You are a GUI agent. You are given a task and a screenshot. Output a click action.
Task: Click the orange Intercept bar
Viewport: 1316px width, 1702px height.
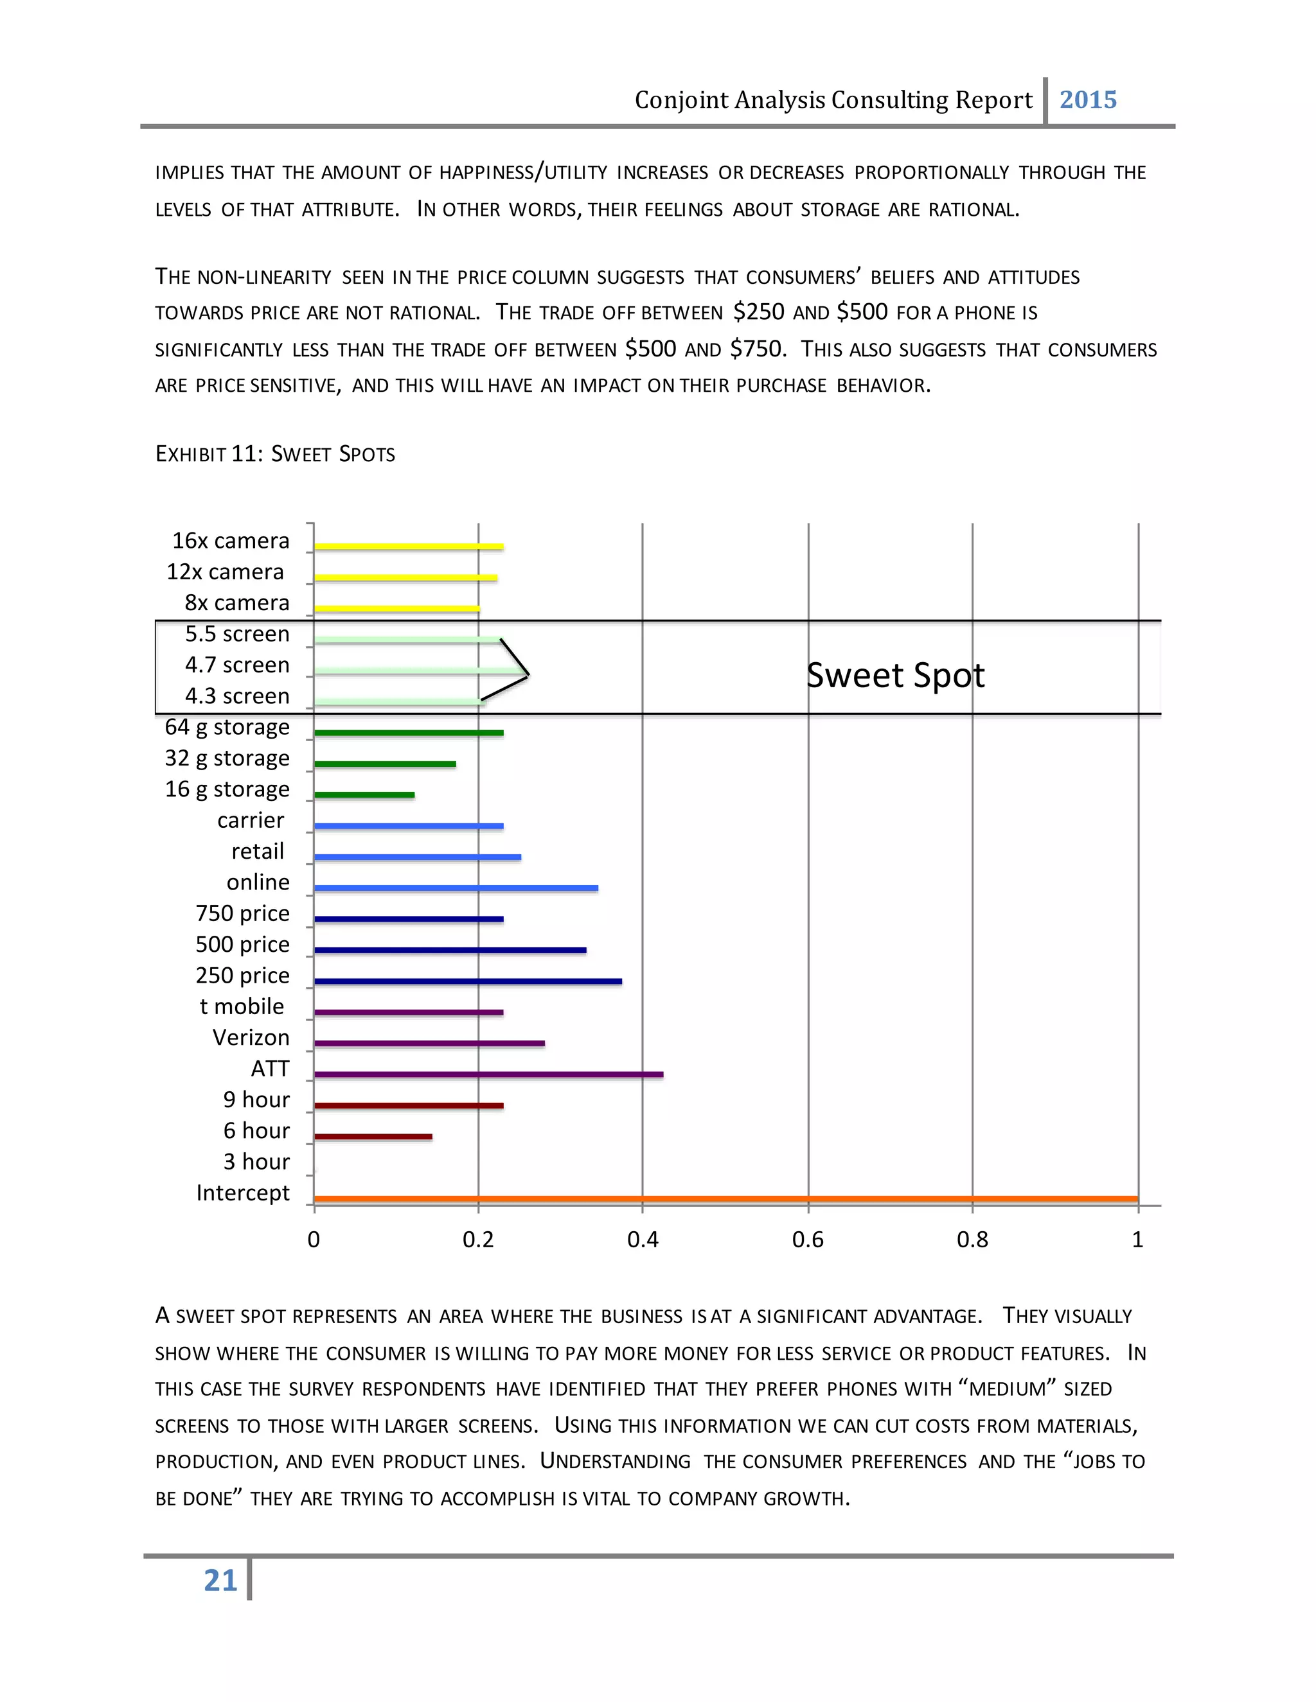pos(725,1198)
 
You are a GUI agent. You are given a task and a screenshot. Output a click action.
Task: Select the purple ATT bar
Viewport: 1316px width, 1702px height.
pos(488,1075)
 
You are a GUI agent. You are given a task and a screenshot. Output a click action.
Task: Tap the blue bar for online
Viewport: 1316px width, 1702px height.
pos(456,888)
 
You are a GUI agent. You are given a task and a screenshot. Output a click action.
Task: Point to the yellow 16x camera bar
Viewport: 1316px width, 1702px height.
pos(409,547)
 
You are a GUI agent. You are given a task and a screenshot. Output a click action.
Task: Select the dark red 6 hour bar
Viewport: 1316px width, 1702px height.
pos(373,1136)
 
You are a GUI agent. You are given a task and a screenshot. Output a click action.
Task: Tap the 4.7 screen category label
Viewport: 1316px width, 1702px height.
pos(237,665)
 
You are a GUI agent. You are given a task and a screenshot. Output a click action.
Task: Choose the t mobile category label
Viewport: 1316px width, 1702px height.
pos(242,1006)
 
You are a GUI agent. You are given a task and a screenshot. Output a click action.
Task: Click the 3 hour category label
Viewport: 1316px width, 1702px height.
pos(256,1161)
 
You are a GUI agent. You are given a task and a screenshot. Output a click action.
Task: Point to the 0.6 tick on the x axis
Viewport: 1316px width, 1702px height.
pos(808,1239)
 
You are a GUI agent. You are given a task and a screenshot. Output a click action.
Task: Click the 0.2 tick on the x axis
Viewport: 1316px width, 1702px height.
pos(478,1239)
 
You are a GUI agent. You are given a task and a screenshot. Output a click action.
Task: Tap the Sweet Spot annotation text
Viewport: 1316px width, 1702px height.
pos(895,675)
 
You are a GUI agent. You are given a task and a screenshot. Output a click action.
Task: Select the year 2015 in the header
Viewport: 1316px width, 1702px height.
pos(1088,100)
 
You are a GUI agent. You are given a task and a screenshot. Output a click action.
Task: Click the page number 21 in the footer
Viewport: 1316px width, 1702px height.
pos(220,1581)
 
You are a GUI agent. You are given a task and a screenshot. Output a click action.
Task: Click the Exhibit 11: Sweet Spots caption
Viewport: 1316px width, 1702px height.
pos(274,453)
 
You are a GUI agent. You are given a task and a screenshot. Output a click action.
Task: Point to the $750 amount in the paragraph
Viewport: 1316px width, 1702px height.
pos(756,348)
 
